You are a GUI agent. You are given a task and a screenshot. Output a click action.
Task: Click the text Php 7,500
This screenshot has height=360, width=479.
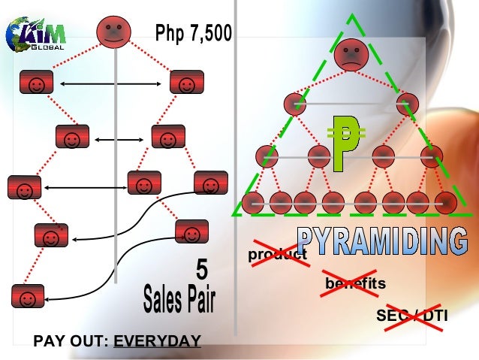coord(194,33)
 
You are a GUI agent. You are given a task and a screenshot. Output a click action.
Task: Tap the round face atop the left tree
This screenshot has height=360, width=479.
coord(114,32)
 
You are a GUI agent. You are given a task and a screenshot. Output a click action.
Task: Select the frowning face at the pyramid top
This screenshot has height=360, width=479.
coord(350,54)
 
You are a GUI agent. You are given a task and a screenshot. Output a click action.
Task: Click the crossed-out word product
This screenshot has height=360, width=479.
coord(278,256)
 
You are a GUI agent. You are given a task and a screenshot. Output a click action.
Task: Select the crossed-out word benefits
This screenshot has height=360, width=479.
coord(354,284)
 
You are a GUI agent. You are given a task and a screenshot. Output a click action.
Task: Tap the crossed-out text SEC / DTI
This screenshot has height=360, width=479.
coord(411,316)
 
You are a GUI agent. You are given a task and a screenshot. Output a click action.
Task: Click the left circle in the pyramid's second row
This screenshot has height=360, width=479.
coord(294,102)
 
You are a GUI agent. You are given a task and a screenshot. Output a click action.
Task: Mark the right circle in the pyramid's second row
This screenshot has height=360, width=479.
coord(408,102)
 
